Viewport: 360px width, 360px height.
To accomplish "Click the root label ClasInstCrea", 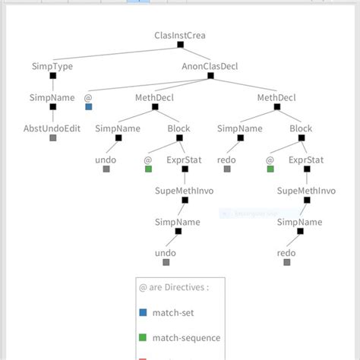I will (x=179, y=35).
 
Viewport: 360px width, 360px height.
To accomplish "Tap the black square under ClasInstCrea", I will (x=180, y=45).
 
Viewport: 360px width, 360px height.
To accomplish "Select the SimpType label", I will (x=52, y=66).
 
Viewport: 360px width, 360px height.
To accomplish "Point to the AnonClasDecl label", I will (x=210, y=66).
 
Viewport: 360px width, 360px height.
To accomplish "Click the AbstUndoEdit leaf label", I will (x=52, y=128).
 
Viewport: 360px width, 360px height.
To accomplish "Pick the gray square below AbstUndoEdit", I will (x=52, y=138).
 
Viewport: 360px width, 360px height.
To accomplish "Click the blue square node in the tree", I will (x=88, y=107).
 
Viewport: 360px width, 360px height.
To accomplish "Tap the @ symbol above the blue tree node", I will (x=88, y=97).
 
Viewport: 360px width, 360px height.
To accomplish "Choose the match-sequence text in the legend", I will (x=186, y=338).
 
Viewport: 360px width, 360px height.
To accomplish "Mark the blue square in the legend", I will (x=143, y=312).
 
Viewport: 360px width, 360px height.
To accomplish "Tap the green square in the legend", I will (x=143, y=338).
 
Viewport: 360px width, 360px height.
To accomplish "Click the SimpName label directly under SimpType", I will (x=52, y=97).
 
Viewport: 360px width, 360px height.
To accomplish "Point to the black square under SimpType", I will (x=52, y=76).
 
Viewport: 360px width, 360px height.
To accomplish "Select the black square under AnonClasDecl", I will (x=210, y=76).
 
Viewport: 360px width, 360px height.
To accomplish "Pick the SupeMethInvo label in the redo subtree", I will (x=306, y=191).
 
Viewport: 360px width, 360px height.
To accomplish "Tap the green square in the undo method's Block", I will (x=149, y=169).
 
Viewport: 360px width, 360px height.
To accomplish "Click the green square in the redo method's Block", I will (x=270, y=169).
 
